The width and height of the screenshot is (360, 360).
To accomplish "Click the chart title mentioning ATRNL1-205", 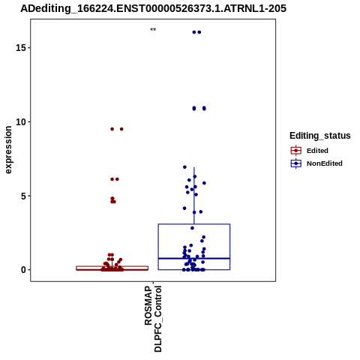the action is (153, 9).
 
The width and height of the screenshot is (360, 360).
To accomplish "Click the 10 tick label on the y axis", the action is (21, 122).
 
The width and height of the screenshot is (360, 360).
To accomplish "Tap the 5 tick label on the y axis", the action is (24, 196).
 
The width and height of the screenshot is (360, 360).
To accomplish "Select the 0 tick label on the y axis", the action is (24, 270).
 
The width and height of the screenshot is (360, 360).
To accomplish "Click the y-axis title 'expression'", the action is (8, 150).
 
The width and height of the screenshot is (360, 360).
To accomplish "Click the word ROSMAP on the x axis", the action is (148, 305).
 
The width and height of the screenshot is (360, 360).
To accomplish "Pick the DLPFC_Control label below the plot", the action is (158, 319).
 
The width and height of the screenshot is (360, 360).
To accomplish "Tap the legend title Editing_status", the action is (320, 136).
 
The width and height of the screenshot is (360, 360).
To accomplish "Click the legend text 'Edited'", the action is (317, 151).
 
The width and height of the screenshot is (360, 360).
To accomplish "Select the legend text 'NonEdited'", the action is (325, 163).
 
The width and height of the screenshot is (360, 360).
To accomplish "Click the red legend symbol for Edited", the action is (296, 151).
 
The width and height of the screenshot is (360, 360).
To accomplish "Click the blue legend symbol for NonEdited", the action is (296, 163).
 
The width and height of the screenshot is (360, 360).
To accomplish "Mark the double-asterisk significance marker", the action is (153, 29).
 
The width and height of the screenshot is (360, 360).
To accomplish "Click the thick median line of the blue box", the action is (194, 258).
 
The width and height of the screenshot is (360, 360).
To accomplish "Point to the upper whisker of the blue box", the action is (194, 196).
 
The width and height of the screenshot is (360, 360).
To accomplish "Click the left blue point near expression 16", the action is (194, 32).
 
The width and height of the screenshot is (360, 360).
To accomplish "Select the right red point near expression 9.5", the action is (121, 129).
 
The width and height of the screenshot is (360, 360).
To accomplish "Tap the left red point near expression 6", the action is (112, 179).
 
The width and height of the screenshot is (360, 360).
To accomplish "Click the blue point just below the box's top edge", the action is (192, 228).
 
